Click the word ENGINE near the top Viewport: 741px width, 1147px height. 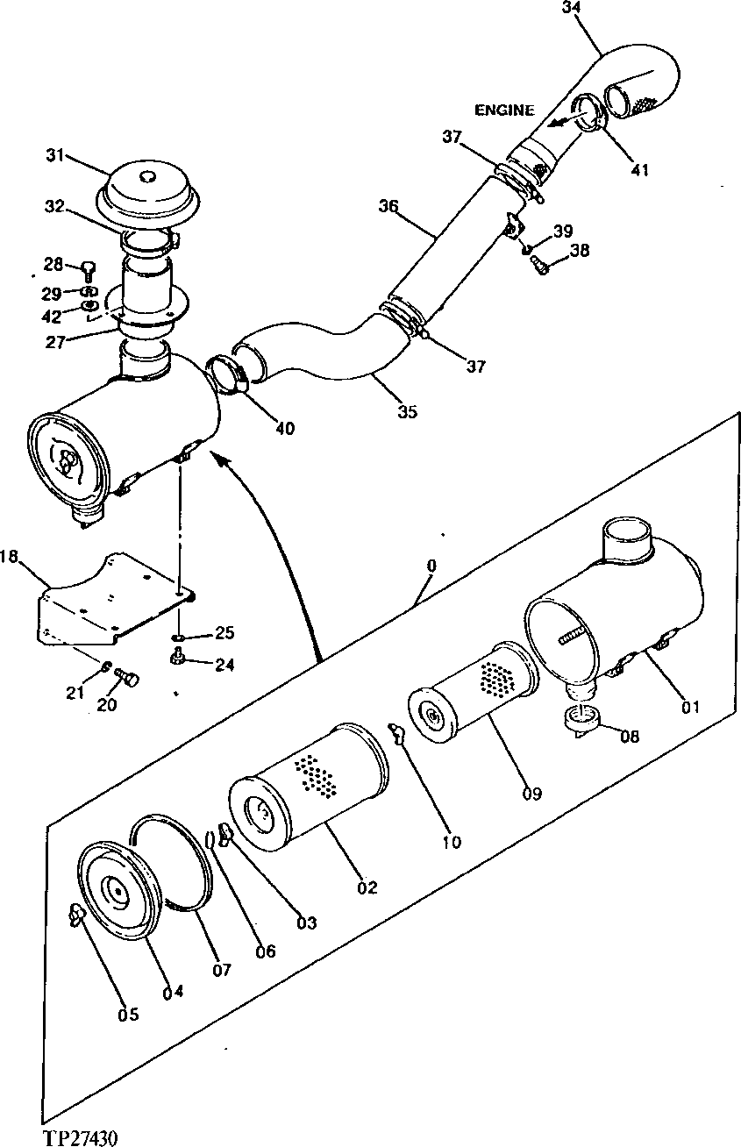point(504,110)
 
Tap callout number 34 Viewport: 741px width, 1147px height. point(571,8)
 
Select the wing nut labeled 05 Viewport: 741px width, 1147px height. point(74,915)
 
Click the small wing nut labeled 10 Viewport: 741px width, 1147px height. point(397,730)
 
